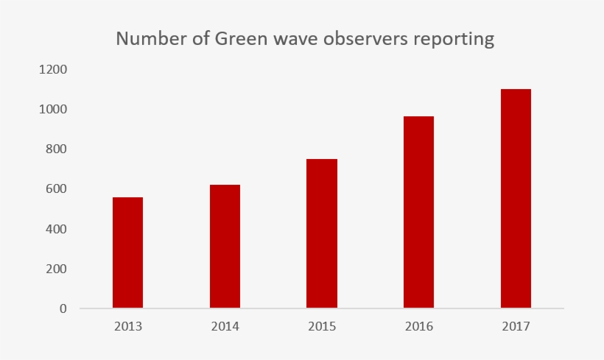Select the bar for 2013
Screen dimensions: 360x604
127,253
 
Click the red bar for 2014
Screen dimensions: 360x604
225,246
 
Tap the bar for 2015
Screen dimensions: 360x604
322,233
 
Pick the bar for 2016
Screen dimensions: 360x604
418,212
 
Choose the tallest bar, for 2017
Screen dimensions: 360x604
516,198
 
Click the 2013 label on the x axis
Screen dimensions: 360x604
127,326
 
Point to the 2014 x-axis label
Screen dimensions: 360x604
225,326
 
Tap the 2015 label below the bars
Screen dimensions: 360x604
322,326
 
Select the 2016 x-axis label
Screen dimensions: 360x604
418,326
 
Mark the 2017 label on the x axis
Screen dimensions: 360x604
516,326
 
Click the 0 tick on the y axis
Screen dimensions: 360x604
63,308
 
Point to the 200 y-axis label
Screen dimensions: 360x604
57,269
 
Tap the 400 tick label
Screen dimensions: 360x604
57,229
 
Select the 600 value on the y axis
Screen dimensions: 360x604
57,189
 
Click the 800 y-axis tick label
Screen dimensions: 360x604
57,149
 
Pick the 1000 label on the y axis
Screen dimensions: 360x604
54,110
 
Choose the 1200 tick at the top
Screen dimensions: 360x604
54,70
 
